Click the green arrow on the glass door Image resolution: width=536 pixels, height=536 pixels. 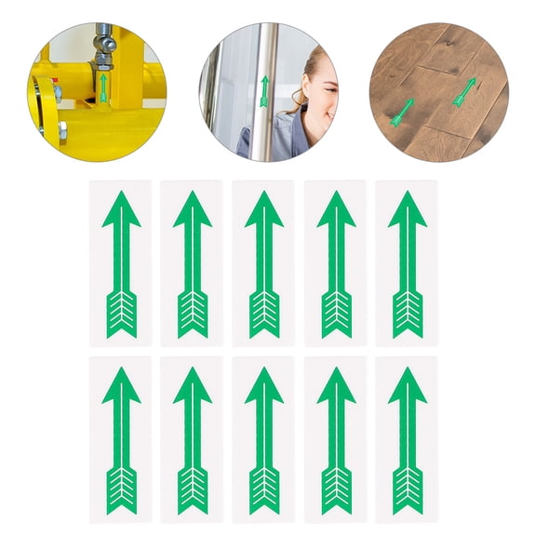click(x=264, y=90)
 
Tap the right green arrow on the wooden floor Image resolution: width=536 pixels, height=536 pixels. click(x=465, y=91)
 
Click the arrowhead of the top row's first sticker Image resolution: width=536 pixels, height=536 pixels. click(x=121, y=210)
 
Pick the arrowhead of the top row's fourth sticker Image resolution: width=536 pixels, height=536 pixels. click(x=336, y=210)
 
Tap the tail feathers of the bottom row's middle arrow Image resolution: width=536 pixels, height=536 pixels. click(x=264, y=489)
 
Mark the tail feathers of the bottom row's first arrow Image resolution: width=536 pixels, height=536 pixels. click(x=121, y=489)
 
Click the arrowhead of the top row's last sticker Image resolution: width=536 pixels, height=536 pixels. click(x=408, y=210)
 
